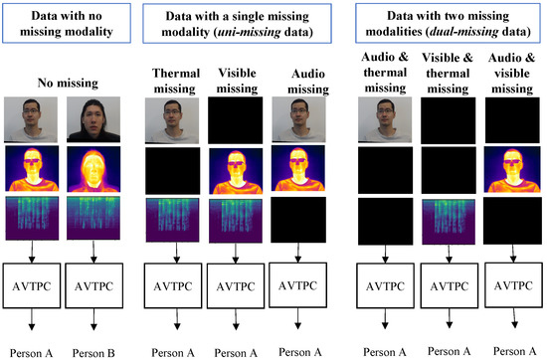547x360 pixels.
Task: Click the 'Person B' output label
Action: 95,350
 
